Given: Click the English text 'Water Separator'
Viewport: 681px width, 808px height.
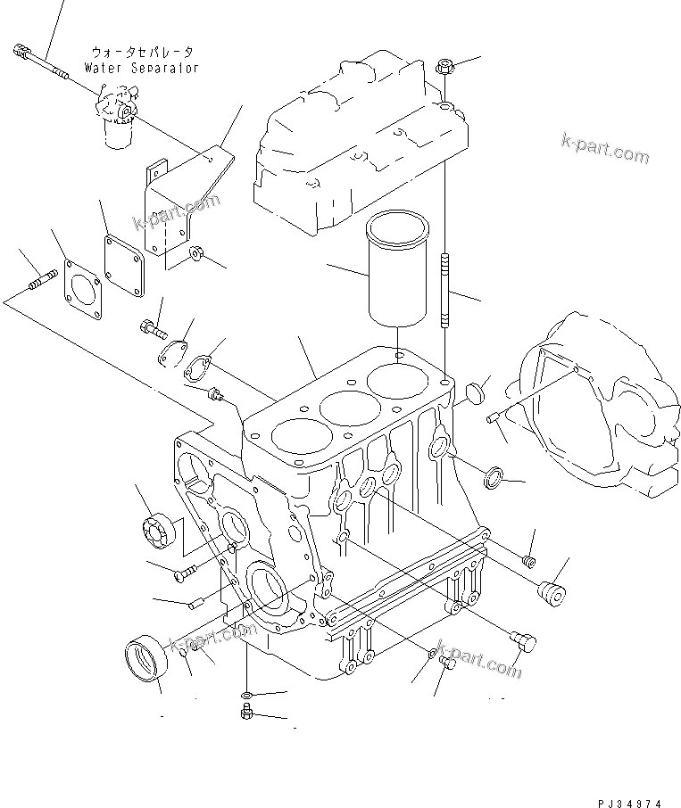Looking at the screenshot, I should tap(142, 68).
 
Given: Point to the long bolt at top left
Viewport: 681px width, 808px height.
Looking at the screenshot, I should tap(43, 62).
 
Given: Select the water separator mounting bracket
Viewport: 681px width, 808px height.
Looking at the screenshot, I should tap(183, 205).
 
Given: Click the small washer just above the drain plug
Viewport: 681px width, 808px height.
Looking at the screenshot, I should tap(246, 695).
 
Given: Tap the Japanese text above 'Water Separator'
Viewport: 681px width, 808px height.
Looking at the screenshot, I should tap(142, 53).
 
